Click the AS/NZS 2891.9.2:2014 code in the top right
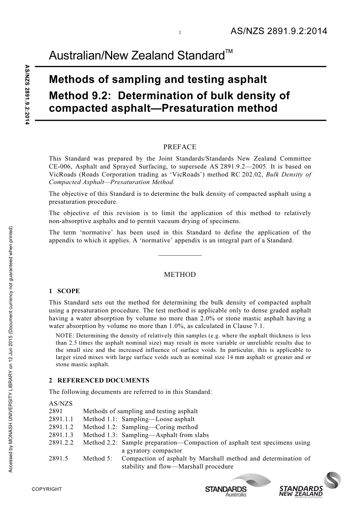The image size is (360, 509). click(x=279, y=31)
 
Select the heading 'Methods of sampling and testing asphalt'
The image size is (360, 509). click(x=158, y=80)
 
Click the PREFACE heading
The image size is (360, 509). click(x=180, y=147)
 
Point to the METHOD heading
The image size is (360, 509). click(x=180, y=275)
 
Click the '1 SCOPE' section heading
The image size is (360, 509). click(x=64, y=291)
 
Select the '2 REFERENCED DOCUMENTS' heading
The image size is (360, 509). click(x=99, y=381)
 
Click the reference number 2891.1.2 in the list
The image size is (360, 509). click(x=61, y=427)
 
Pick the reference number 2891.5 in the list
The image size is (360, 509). click(x=58, y=458)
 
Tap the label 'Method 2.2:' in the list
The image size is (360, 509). click(x=100, y=443)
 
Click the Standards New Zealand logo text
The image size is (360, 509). click(x=301, y=491)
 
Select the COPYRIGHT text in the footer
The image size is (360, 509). click(x=47, y=489)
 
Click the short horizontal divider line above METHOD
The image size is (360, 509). click(x=180, y=255)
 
